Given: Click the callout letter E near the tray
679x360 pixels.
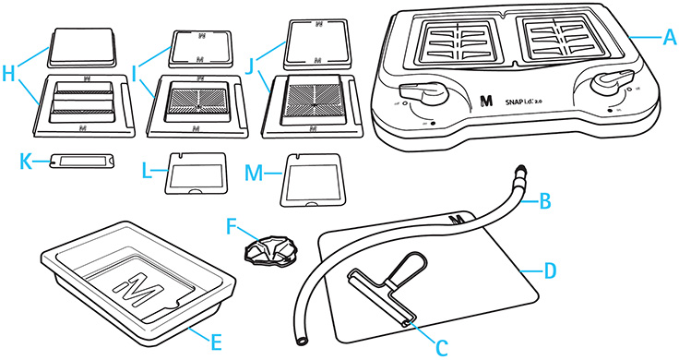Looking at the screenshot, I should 215,342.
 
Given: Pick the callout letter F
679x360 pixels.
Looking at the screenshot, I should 233,222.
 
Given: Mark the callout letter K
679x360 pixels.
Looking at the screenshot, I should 25,161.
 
